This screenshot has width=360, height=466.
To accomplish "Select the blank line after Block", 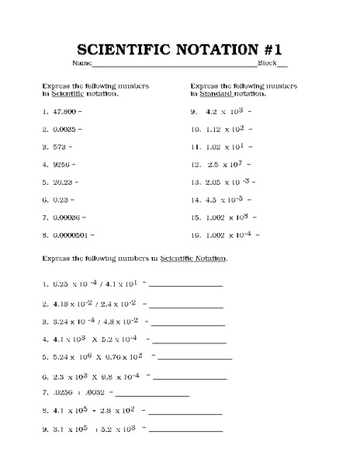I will [282, 64].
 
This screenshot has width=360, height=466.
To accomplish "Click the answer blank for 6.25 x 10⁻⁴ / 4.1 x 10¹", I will [185, 286].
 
